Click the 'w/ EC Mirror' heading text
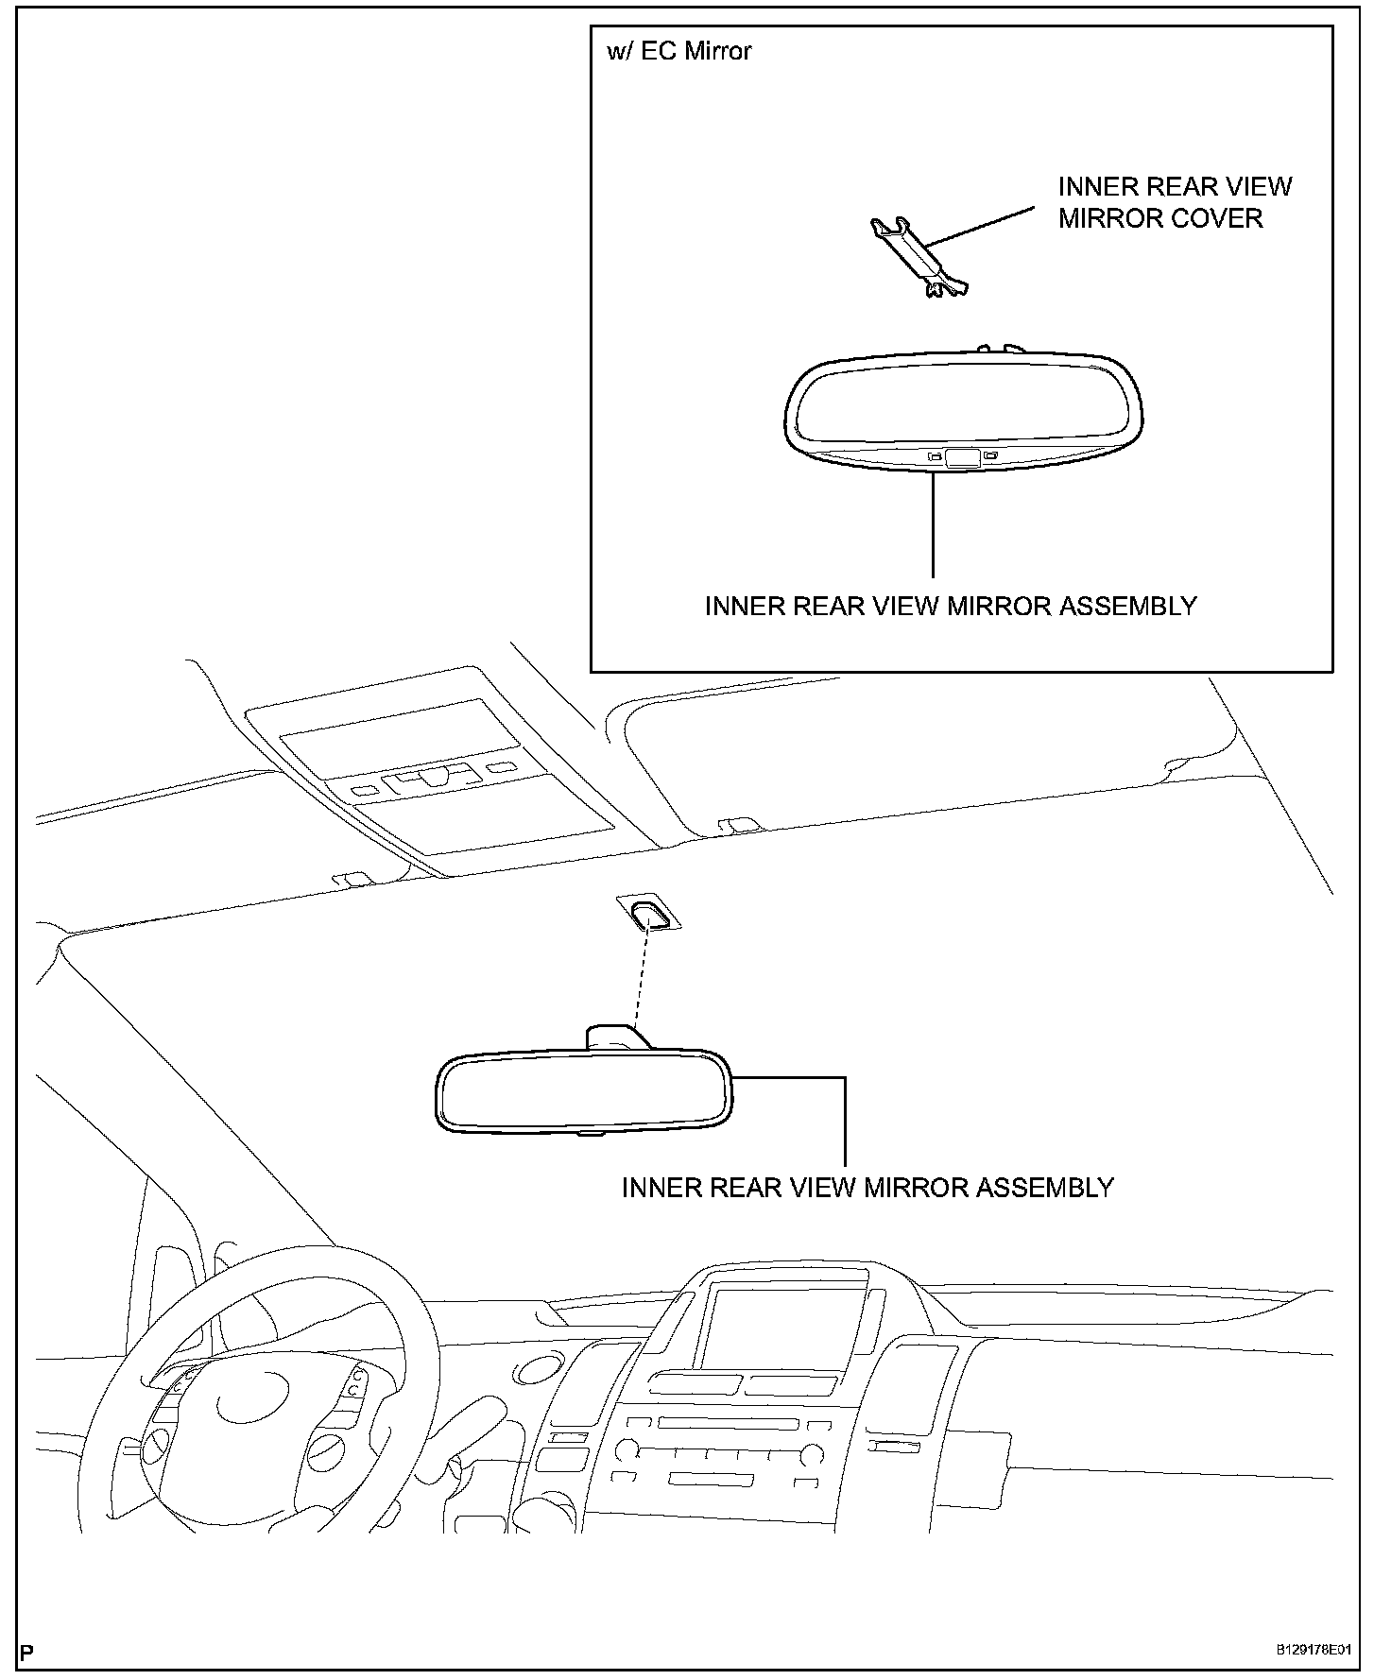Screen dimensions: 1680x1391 click(x=678, y=51)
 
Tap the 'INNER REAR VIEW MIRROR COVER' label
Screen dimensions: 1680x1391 click(x=1174, y=202)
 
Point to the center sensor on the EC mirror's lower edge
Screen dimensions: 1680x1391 click(x=962, y=458)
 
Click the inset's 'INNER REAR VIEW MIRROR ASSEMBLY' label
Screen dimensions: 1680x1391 click(x=951, y=606)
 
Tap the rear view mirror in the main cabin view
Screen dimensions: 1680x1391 click(x=582, y=1093)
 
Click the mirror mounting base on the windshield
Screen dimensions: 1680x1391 click(x=648, y=914)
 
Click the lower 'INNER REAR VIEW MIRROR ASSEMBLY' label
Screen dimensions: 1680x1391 click(x=867, y=1188)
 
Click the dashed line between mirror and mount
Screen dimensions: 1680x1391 click(x=642, y=978)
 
